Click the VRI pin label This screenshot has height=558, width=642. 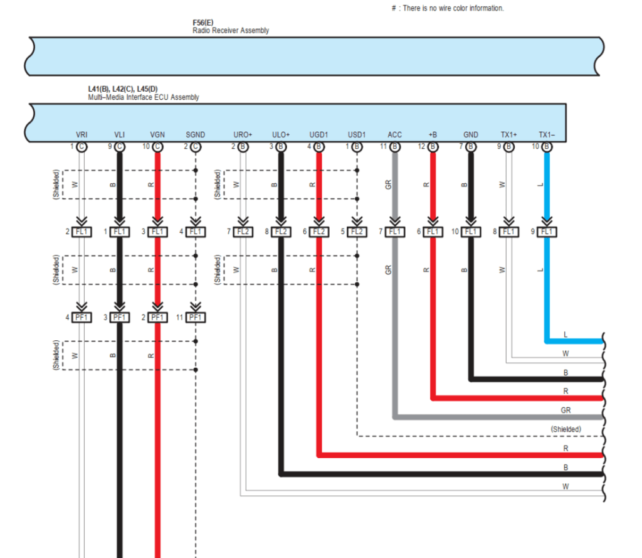point(82,135)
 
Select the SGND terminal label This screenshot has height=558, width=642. point(196,135)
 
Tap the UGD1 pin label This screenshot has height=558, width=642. point(319,135)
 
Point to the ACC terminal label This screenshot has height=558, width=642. point(394,135)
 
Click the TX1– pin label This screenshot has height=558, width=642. point(547,135)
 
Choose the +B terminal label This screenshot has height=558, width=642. point(433,135)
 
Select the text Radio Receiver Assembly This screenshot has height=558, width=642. point(231,31)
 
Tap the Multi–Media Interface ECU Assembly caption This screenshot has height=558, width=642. point(144,97)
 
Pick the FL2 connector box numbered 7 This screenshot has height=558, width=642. point(243,232)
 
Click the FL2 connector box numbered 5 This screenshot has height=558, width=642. point(357,232)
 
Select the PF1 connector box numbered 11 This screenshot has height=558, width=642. point(196,317)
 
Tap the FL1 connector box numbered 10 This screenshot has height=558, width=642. point(470,232)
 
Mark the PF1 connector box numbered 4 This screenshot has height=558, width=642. point(82,317)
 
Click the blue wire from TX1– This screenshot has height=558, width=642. point(547,282)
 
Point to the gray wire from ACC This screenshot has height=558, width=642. point(394,314)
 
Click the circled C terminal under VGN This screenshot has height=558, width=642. point(157,147)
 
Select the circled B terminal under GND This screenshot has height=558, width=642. point(470,147)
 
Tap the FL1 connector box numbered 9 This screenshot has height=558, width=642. point(547,232)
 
